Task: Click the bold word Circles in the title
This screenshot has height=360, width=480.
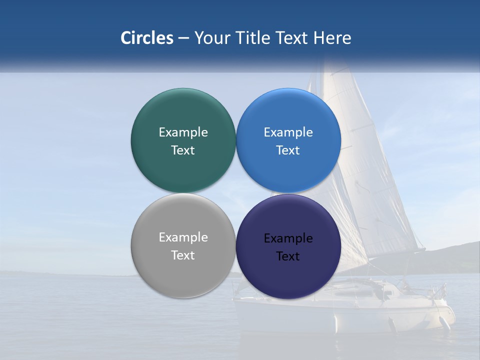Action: [146, 38]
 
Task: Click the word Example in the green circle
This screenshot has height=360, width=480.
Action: [183, 132]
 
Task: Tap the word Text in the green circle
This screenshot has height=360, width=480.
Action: [183, 150]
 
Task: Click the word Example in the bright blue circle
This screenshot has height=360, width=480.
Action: [288, 132]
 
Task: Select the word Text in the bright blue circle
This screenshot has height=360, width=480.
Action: [288, 150]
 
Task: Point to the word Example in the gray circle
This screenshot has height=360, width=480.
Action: [183, 237]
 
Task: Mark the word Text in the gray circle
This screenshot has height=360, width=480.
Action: [183, 255]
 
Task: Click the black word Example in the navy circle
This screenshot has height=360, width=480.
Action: [288, 238]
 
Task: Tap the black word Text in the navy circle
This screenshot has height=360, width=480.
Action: [288, 256]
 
